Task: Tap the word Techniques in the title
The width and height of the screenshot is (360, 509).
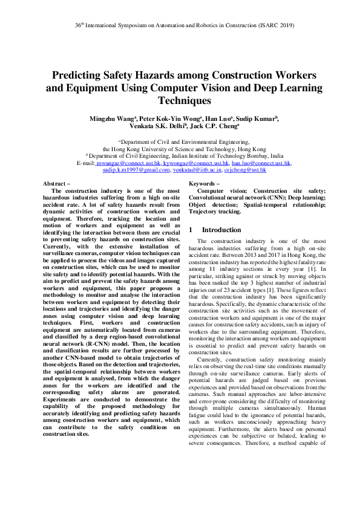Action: coord(180,101)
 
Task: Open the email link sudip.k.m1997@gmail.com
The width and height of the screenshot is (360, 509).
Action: coord(136,170)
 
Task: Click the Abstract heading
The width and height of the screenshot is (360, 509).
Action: coord(57,183)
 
